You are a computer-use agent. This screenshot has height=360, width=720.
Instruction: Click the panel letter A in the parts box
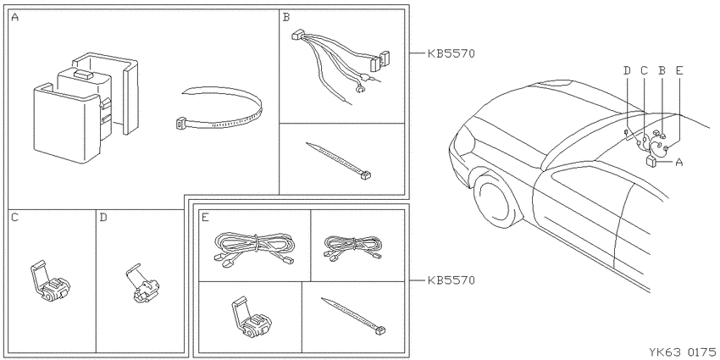tap(14, 18)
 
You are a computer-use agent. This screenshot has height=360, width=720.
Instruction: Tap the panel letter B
tap(286, 18)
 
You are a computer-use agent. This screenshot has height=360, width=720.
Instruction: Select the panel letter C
tap(14, 217)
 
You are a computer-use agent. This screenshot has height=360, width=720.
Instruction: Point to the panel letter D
tap(102, 217)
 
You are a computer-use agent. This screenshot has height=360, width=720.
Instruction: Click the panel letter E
tap(205, 217)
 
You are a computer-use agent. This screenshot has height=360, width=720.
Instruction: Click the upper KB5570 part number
tap(451, 53)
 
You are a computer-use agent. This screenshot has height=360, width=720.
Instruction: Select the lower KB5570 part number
tap(451, 280)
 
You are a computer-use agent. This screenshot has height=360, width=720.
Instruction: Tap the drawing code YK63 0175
tap(683, 352)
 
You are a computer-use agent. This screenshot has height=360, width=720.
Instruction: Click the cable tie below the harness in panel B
tap(339, 160)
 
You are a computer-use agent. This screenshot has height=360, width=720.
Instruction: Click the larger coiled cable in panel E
tap(254, 247)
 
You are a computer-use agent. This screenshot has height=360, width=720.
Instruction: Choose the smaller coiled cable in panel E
tap(352, 248)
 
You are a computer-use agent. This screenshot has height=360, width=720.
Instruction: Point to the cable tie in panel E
tap(352, 316)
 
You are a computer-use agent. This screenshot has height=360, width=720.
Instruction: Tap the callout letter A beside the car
tap(679, 162)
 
